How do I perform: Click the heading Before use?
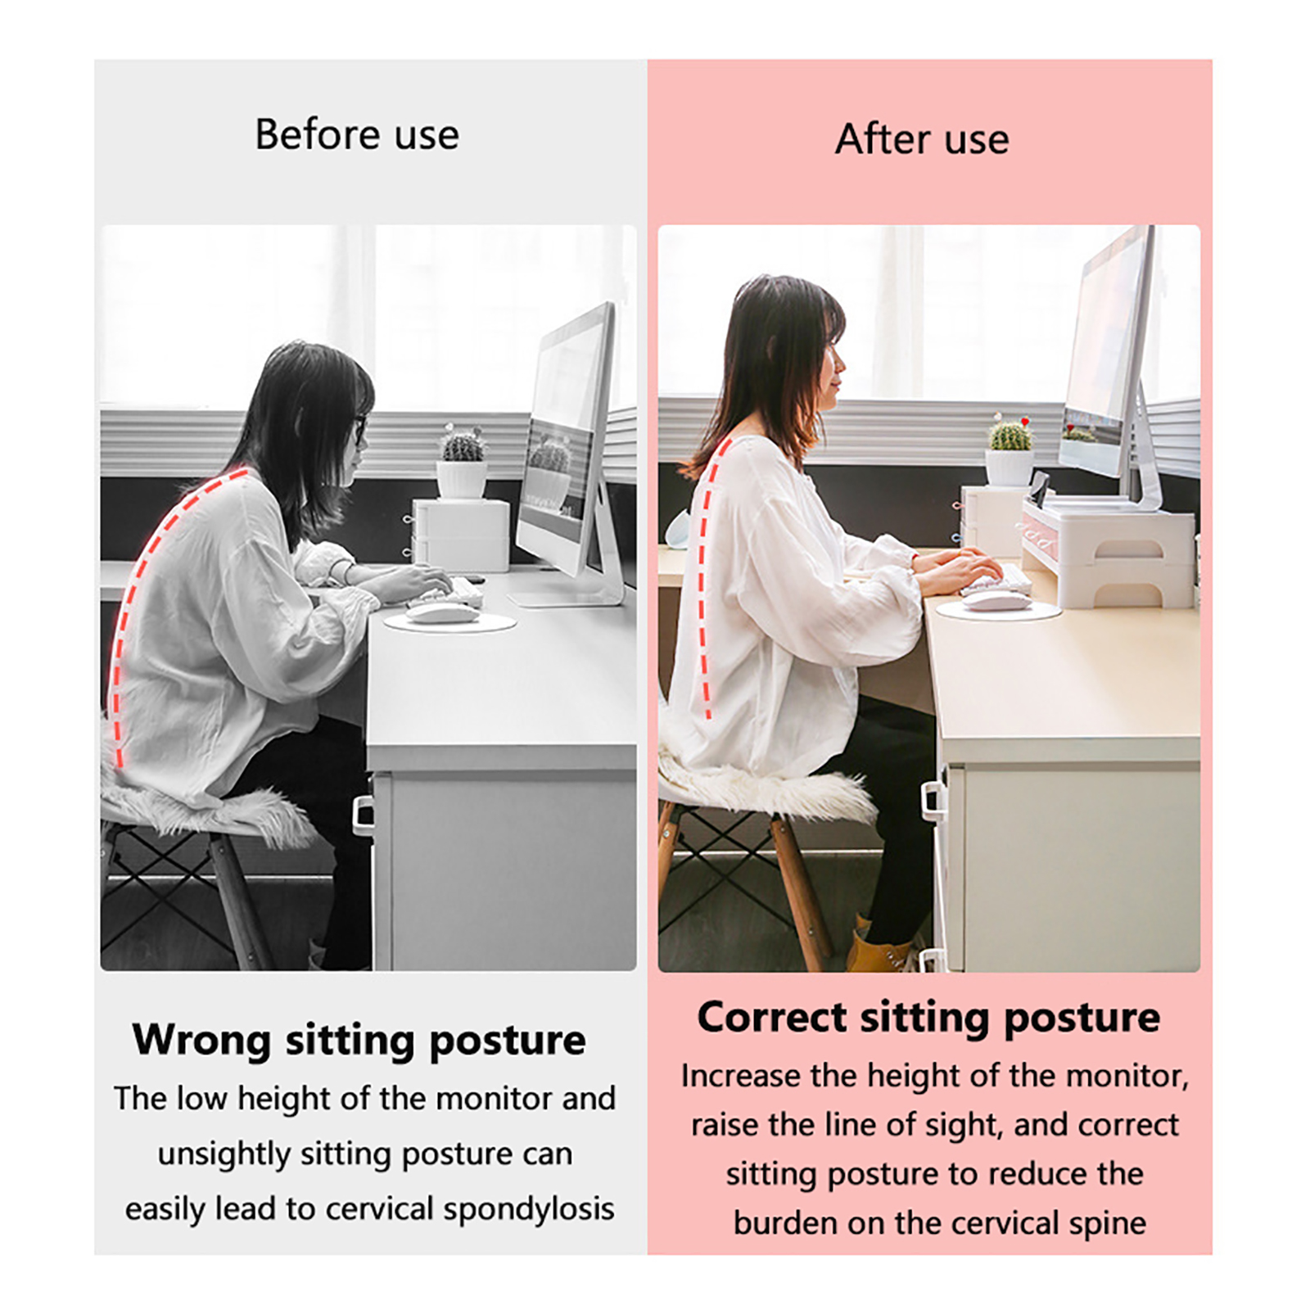[357, 134]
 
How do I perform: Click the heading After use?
[922, 138]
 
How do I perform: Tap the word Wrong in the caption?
[201, 1040]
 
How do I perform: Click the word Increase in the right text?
[741, 1076]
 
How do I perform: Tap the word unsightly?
[224, 1154]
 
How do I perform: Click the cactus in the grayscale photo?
[463, 446]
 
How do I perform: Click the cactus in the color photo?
[1010, 434]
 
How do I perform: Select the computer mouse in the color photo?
[996, 601]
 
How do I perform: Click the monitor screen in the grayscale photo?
[565, 434]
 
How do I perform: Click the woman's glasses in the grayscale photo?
[359, 429]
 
